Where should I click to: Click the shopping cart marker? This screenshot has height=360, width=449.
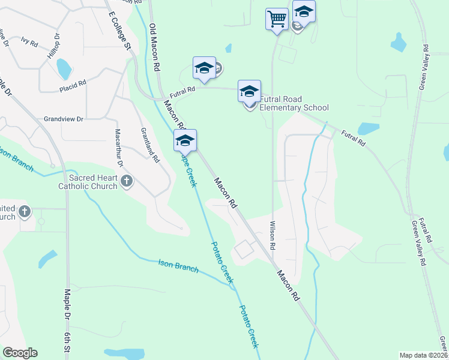[276, 19]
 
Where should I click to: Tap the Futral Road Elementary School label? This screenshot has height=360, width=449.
[298, 103]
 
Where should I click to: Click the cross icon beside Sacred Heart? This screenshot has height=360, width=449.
[127, 181]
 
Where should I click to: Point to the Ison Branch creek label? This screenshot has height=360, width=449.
[178, 266]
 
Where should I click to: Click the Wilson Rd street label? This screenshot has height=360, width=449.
[273, 235]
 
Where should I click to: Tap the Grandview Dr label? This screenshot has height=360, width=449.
[63, 119]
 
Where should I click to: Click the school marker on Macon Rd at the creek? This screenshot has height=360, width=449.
[185, 141]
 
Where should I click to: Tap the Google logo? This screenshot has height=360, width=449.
[20, 353]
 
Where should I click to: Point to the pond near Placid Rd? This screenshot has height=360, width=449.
[64, 70]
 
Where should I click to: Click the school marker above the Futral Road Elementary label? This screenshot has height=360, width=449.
[249, 91]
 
